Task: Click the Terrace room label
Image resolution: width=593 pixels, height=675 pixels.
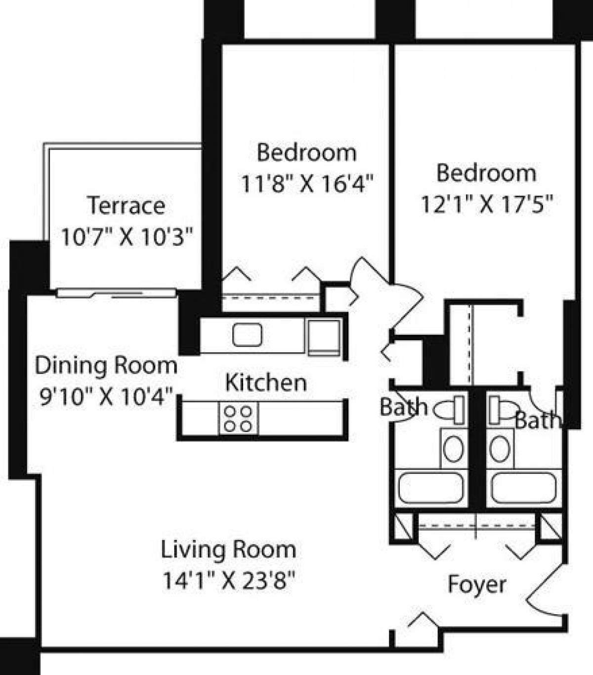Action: click(126, 206)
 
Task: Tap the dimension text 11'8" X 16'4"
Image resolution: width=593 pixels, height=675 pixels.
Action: click(306, 184)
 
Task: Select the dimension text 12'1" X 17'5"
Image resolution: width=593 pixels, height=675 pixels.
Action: click(486, 204)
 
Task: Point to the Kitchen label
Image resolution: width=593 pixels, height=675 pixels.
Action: click(266, 383)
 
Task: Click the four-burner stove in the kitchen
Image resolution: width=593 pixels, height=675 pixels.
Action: click(238, 418)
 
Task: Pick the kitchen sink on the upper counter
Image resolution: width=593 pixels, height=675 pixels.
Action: click(248, 335)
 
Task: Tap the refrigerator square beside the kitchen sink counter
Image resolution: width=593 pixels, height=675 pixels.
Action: click(324, 337)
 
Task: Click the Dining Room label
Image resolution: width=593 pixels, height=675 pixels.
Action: click(106, 366)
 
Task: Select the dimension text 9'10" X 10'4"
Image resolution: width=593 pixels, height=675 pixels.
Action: click(106, 396)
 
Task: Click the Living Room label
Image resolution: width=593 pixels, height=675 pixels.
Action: click(228, 549)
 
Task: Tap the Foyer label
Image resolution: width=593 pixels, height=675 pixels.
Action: click(476, 585)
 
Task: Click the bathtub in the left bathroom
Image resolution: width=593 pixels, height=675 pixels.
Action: click(431, 488)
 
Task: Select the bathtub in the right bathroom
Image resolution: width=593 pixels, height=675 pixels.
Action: click(523, 488)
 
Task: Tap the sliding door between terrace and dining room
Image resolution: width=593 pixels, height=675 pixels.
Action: click(116, 293)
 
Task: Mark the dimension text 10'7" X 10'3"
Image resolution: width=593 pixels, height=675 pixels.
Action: click(126, 237)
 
